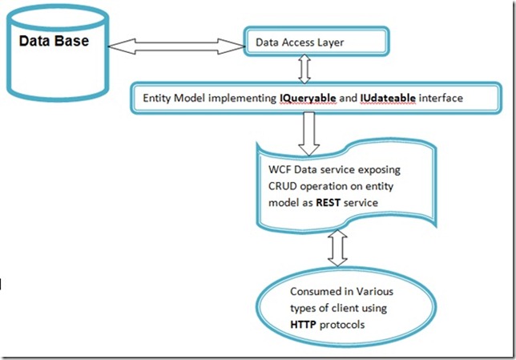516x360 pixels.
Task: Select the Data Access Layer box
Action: [x=316, y=42]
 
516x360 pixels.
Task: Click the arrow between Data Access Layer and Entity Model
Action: [x=303, y=70]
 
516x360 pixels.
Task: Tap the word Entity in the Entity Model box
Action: [x=156, y=98]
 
